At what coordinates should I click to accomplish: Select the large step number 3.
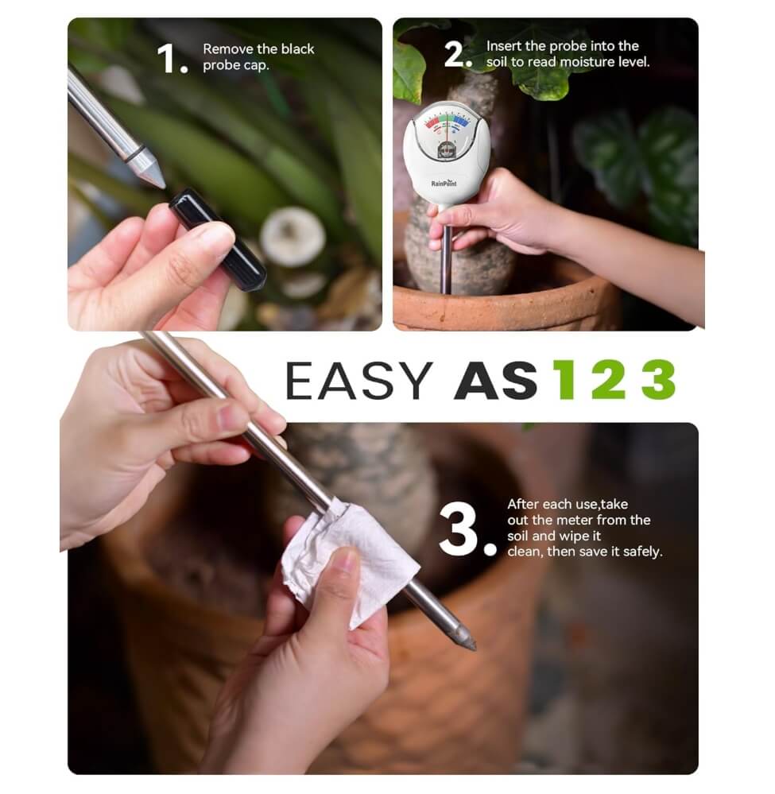tap(468, 528)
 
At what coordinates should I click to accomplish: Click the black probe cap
tap(217, 239)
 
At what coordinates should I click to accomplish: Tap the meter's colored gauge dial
tap(448, 127)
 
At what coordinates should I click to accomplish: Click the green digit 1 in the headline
tap(564, 381)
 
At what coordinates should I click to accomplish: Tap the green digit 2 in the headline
tap(608, 381)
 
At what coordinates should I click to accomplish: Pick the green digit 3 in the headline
tap(658, 381)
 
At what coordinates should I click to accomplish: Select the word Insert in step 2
tap(504, 46)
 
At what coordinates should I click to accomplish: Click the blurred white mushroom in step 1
tap(293, 235)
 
